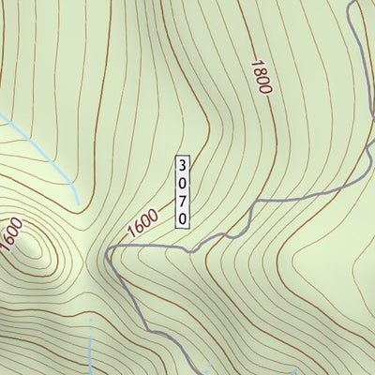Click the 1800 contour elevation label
tap(261, 77)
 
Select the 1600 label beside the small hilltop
tap(10, 234)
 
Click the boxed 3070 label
tap(183, 190)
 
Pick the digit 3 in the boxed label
tap(183, 164)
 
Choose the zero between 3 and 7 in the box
tap(183, 182)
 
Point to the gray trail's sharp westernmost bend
tap(109, 251)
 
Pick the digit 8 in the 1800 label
tap(258, 72)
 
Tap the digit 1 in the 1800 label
tap(254, 64)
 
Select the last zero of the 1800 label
tap(266, 90)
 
